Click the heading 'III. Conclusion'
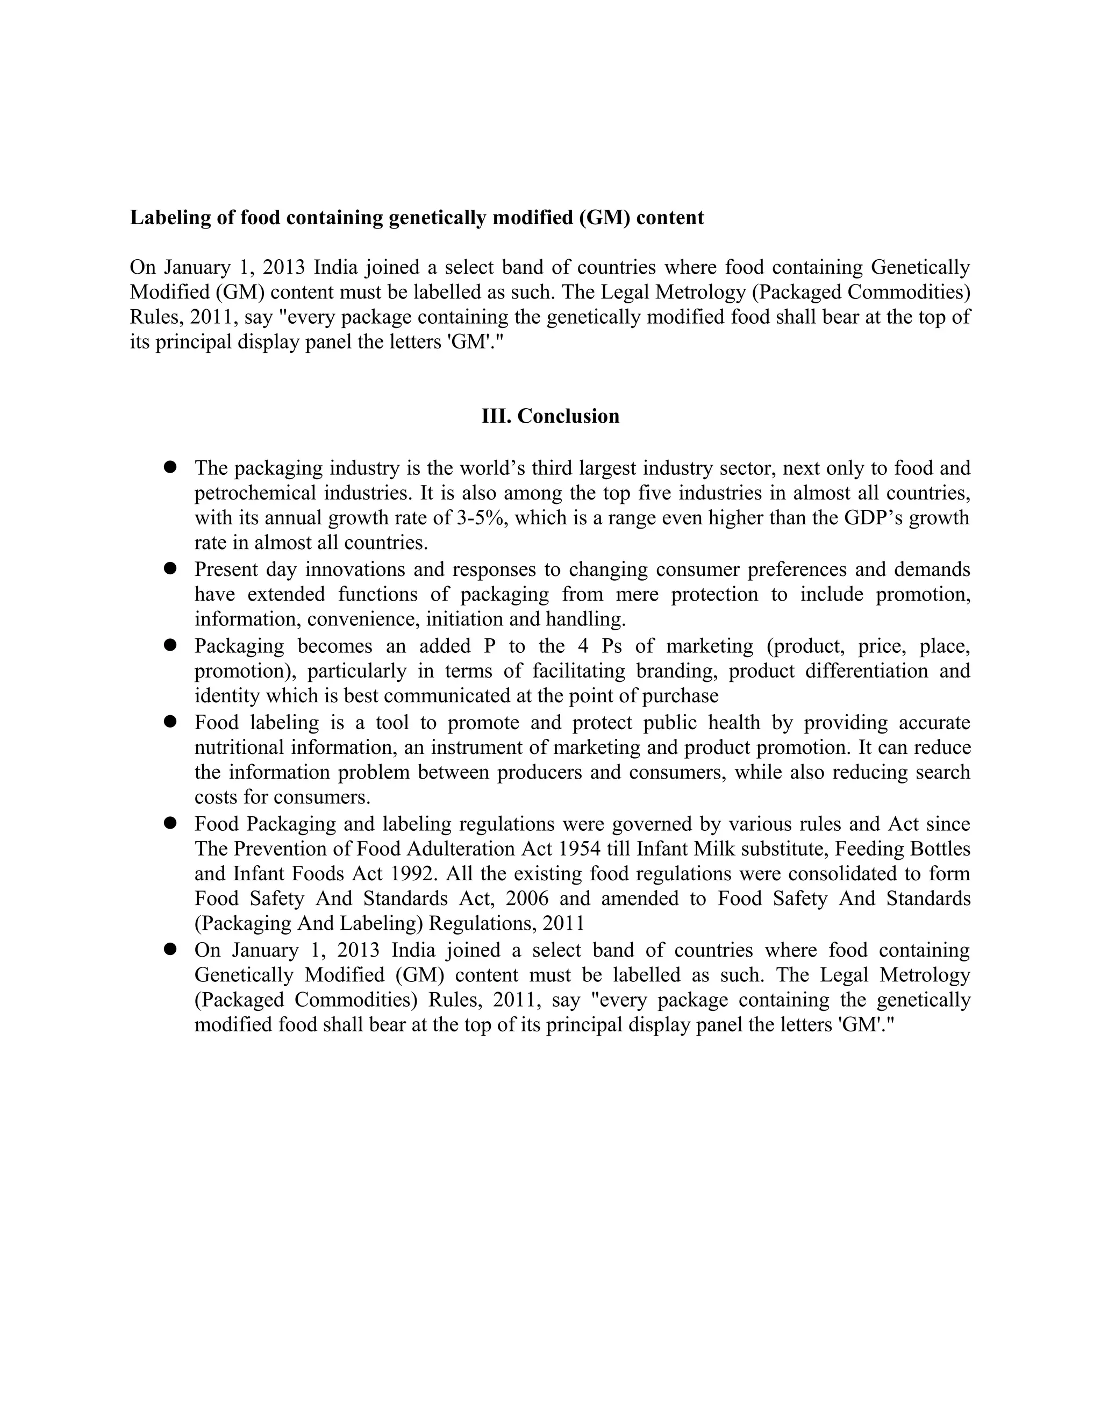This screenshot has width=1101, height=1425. coord(550,416)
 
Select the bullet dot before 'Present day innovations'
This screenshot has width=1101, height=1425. coord(171,568)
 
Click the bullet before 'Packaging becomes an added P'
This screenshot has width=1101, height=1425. coord(171,645)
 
